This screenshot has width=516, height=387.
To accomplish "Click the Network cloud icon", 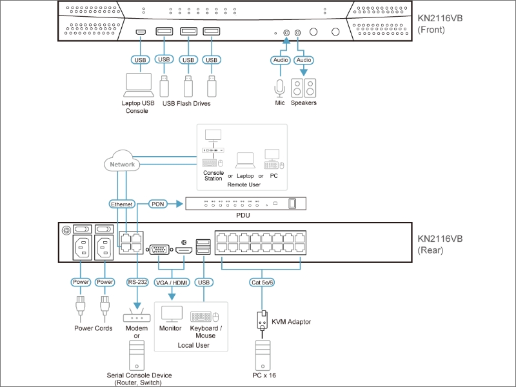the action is point(122,161).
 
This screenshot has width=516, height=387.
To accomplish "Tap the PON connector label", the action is point(157,204).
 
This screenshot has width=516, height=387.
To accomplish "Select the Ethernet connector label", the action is point(122,204).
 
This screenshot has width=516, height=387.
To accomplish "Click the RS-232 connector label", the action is point(137,282).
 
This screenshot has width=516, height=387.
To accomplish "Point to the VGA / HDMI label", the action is point(172,283).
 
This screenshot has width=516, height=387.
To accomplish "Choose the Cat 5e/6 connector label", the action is point(262,283).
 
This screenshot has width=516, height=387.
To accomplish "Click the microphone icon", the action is point(280,88).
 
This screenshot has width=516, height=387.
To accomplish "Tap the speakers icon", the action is point(303,88).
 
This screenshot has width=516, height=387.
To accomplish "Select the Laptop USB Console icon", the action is point(139,85).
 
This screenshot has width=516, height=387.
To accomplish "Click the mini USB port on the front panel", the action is point(141,32).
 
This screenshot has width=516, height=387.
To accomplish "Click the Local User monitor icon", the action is point(172,314).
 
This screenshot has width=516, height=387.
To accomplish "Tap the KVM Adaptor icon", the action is point(262,320).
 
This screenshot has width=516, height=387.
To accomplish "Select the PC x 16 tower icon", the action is point(263,355).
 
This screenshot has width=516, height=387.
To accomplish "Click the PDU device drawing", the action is point(246,204).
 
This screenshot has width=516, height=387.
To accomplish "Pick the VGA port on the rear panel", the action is point(159,250).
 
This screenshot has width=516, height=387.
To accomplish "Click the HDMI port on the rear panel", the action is point(184,250).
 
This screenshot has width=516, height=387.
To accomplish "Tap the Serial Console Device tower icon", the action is point(137,355).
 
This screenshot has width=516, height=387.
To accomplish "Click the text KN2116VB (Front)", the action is point(440,24).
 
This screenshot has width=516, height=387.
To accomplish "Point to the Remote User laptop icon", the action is point(245,160).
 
